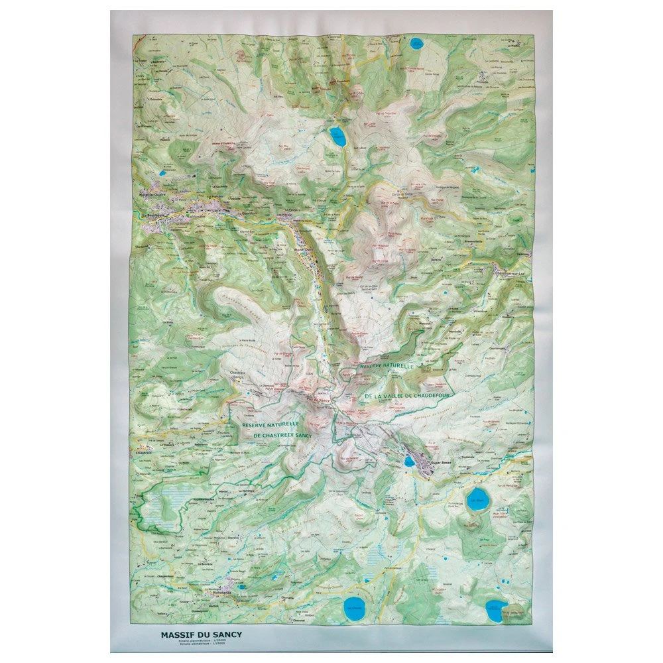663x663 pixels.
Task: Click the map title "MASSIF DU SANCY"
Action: click(x=201, y=634)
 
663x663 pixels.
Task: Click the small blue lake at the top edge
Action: click(x=416, y=44)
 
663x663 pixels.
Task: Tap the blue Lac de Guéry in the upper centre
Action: click(x=338, y=137)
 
